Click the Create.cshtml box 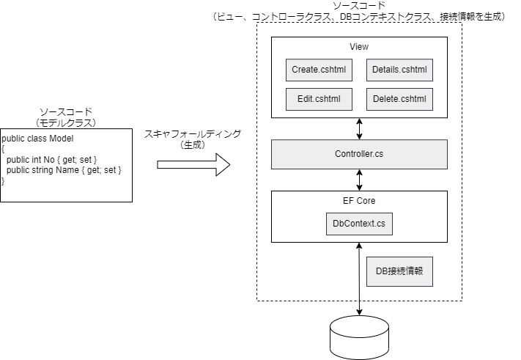click(319, 70)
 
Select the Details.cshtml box click(399, 70)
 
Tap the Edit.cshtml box click(319, 99)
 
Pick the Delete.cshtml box click(399, 99)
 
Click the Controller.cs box click(359, 154)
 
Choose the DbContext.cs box click(359, 224)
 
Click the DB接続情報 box click(399, 271)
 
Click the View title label click(359, 47)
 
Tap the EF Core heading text click(359, 201)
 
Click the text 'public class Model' click(38, 139)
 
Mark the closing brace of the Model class click(3, 180)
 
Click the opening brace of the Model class click(3, 149)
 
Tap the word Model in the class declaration click(62, 139)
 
